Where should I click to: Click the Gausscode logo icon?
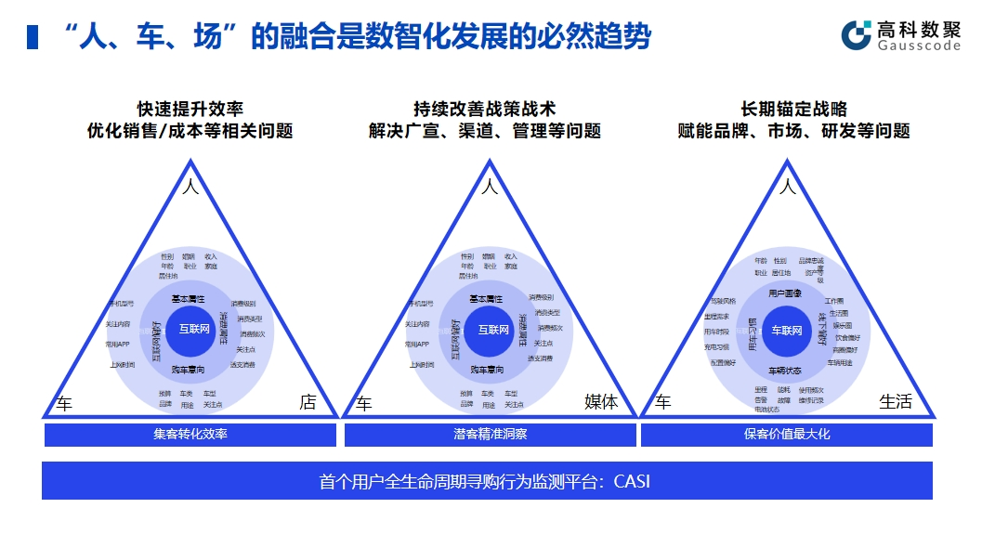[x=856, y=34]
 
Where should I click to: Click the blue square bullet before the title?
[x=33, y=37]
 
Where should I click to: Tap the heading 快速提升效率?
[x=190, y=110]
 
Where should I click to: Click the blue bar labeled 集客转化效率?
[x=190, y=434]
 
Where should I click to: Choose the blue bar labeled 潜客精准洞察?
[x=490, y=434]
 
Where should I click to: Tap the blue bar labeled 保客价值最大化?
[x=787, y=434]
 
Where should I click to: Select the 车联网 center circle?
[x=787, y=331]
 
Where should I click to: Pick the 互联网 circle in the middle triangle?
[x=493, y=330]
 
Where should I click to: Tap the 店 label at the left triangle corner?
[x=308, y=402]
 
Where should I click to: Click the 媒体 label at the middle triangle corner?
[x=600, y=402]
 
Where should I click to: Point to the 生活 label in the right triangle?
[x=896, y=402]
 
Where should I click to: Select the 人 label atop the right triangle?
[x=788, y=187]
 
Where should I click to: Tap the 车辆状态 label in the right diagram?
[x=785, y=370]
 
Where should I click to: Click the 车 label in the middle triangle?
[x=364, y=403]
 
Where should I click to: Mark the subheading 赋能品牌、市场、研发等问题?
[x=793, y=131]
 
